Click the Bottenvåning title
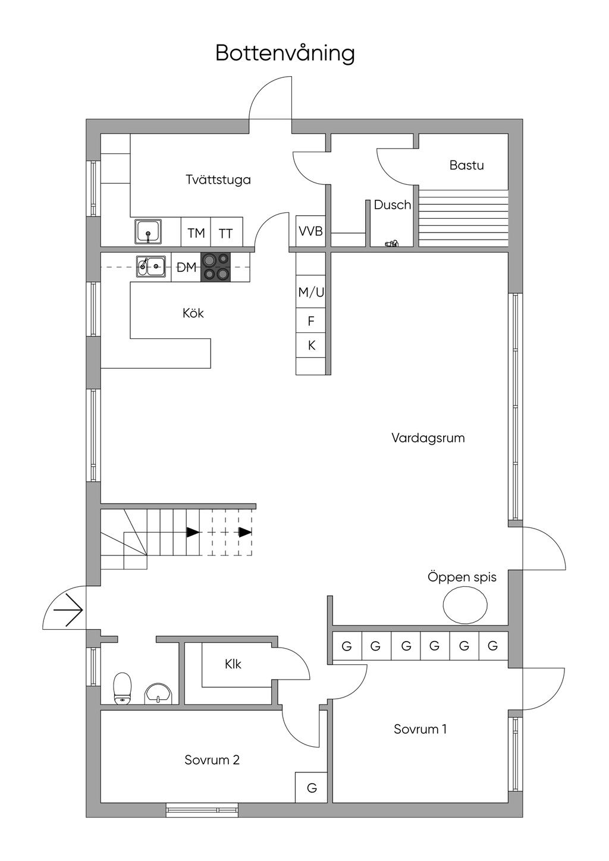point(285,54)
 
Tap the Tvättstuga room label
point(218,180)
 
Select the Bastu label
point(466,165)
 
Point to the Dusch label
point(392,205)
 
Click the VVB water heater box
point(310,231)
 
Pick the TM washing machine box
point(196,232)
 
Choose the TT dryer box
point(227,232)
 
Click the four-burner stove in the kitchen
point(215,267)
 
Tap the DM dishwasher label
point(187,267)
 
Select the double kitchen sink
point(150,266)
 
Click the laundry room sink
point(148,232)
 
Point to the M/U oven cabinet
point(310,292)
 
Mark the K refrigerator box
point(310,345)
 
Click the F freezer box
point(310,320)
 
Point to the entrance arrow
point(68,610)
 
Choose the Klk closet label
point(233,664)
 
